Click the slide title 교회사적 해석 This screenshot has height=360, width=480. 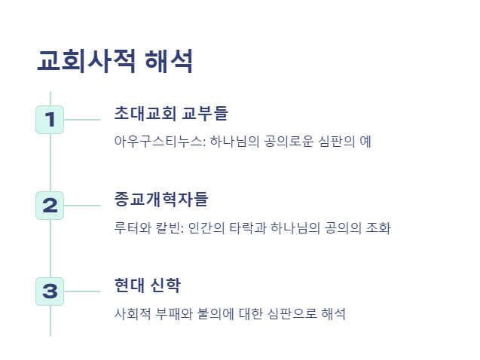point(115,61)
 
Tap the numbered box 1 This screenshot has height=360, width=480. point(50,120)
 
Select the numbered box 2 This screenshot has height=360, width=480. point(50,206)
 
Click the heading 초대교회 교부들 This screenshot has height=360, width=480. point(171,114)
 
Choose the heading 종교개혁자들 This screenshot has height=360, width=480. point(161,200)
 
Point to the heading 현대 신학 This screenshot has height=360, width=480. point(147,285)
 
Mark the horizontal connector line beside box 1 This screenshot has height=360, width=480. point(83,120)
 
